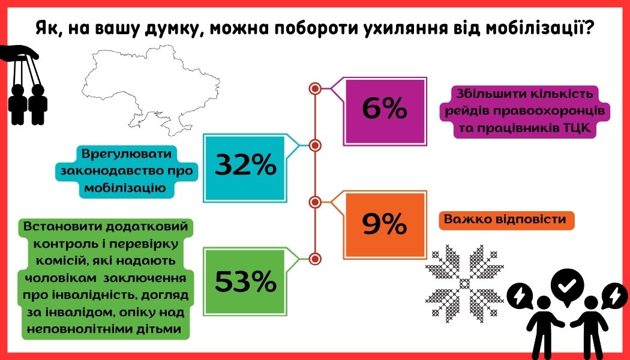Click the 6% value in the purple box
tap(385, 109)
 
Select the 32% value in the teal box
tap(245, 165)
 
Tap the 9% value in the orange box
tap(385, 224)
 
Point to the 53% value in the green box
tap(245, 281)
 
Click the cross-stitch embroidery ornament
tap(464, 283)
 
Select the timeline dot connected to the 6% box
tap(315, 88)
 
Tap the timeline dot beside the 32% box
tap(315, 145)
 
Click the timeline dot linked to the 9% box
tap(315, 202)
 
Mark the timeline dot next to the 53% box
tap(315, 259)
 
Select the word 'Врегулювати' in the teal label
tap(127, 154)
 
